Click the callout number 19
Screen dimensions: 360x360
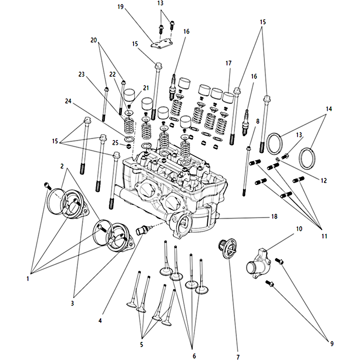coord(120,7)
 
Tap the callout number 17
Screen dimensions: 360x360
coord(228,63)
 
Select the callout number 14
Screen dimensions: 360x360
coord(329,109)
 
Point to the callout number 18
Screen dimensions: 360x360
coord(274,217)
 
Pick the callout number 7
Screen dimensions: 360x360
coord(237,357)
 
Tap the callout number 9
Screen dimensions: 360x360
coord(332,344)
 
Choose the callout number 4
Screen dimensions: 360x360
coord(100,321)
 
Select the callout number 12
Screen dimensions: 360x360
coord(323,180)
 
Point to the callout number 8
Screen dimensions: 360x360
coord(257,121)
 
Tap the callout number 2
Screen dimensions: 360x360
coord(62,166)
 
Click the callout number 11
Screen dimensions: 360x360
coord(324,236)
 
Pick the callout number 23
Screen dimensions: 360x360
coord(81,74)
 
